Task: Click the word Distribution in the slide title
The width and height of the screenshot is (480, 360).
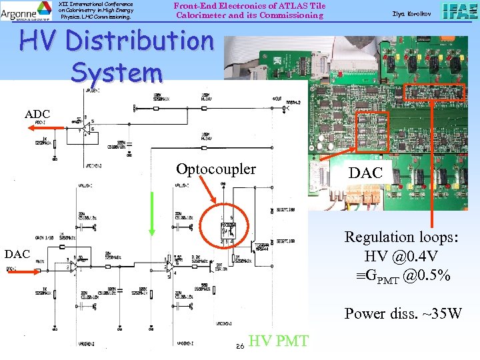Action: click(x=151, y=42)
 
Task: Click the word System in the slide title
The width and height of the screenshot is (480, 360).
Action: click(x=117, y=72)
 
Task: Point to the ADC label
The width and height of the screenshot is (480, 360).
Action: click(x=37, y=115)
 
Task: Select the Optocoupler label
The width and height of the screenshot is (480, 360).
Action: click(x=215, y=169)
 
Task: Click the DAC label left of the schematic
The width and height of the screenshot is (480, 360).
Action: click(x=17, y=254)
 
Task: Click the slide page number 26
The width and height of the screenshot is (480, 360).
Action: click(x=241, y=345)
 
